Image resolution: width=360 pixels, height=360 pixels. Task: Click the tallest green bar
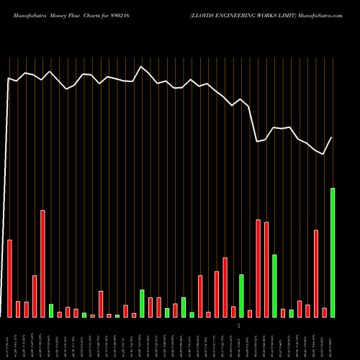tap(333, 252)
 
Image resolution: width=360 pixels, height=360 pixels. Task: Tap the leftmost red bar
tap(9, 278)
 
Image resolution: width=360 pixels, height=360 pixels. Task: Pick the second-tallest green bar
tap(275, 285)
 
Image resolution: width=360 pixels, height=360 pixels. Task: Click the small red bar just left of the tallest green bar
tap(324, 312)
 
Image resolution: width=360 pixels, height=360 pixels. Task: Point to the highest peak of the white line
tap(142, 67)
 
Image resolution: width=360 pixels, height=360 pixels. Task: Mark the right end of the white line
tap(332, 137)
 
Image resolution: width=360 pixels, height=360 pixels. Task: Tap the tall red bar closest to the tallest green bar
tap(316, 273)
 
